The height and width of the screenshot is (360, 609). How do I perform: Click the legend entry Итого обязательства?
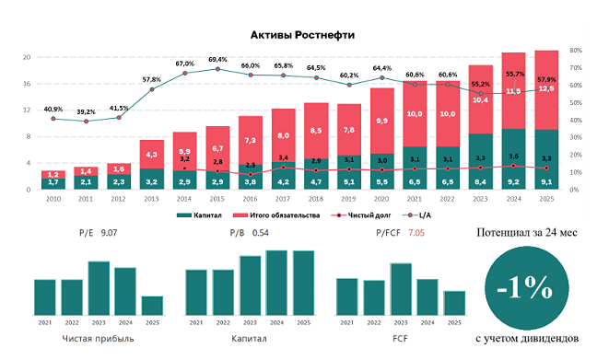pos(281,215)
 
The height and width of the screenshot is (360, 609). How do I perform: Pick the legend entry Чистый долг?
pos(365,215)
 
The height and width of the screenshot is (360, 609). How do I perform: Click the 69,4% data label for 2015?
pos(217,59)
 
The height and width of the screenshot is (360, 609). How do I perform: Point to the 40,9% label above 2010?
pos(53,109)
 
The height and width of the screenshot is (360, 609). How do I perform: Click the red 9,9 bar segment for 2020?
pos(381,121)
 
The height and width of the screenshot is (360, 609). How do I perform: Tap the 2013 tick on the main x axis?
pos(151,198)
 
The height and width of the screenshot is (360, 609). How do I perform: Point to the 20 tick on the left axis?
pos(28,57)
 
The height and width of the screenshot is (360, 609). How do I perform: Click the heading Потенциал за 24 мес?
pos(526,233)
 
